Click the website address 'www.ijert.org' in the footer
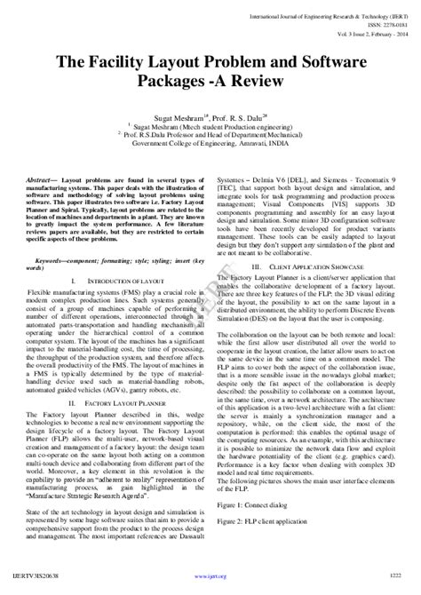[210, 585]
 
